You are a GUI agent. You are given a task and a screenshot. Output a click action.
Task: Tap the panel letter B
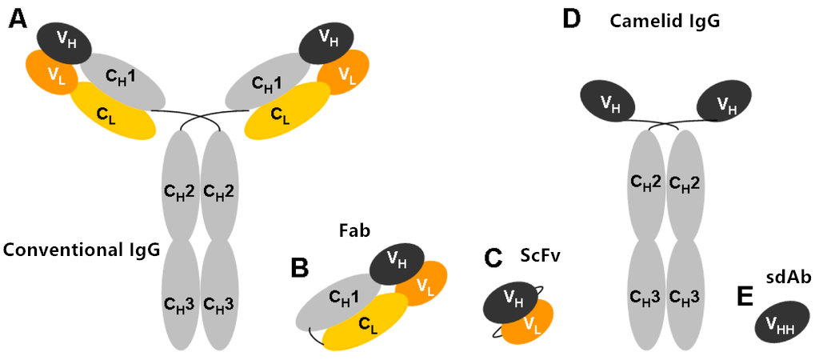[300, 268]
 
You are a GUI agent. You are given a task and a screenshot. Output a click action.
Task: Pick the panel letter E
[745, 296]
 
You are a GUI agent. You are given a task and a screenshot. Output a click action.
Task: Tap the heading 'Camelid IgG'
[665, 21]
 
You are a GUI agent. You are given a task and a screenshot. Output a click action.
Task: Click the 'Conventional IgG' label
[82, 250]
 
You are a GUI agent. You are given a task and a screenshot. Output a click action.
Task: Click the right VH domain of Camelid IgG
[724, 102]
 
